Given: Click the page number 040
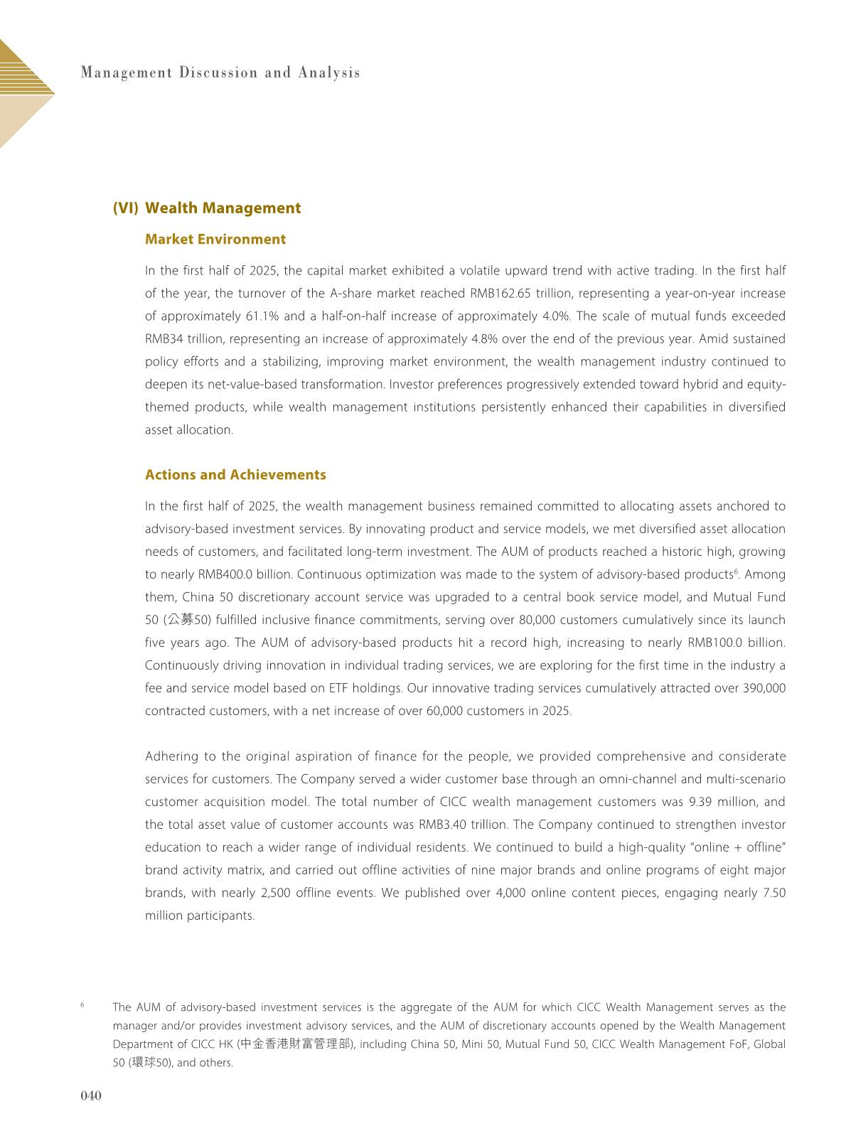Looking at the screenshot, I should pyautogui.click(x=91, y=1095).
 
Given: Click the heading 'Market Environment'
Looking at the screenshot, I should pyautogui.click(x=215, y=240).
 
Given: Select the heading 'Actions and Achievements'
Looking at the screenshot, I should pyautogui.click(x=235, y=475).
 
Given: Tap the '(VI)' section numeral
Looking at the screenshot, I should pyautogui.click(x=126, y=208).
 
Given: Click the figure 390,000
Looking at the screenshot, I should pyautogui.click(x=761, y=688).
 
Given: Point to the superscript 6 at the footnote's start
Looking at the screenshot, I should pyautogui.click(x=82, y=1005).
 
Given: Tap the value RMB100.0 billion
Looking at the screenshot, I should pyautogui.click(x=737, y=643).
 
